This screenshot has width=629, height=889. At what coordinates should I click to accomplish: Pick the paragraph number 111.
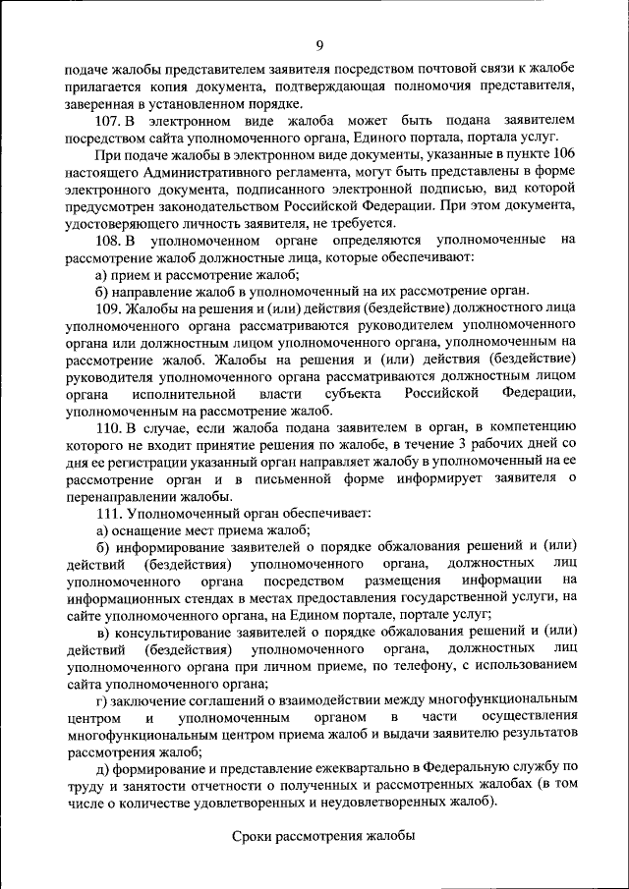point(109,513)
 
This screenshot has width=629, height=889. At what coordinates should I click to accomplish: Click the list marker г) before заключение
point(102,699)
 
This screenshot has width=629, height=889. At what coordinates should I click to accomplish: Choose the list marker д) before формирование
point(102,766)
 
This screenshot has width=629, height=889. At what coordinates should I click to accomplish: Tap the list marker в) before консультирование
point(102,632)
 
